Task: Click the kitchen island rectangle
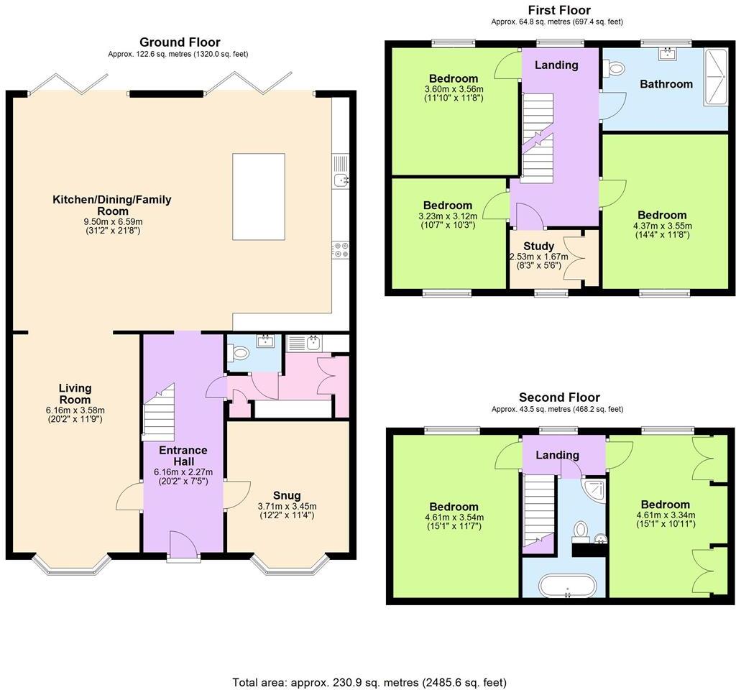(x=259, y=196)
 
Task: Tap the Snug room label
(x=287, y=495)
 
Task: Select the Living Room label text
(x=75, y=394)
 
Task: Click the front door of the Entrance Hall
(x=183, y=544)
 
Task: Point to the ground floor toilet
(x=239, y=353)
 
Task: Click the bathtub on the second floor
(x=568, y=586)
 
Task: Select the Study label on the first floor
(x=538, y=246)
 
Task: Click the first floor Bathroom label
(x=666, y=84)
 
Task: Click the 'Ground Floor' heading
(x=180, y=42)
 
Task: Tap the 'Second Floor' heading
(x=559, y=397)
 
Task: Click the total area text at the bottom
(x=369, y=681)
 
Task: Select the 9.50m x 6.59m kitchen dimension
(x=112, y=222)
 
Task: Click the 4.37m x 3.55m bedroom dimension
(x=661, y=225)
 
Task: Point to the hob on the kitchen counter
(x=340, y=249)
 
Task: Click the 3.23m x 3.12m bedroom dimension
(x=446, y=216)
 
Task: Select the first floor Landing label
(x=556, y=65)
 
